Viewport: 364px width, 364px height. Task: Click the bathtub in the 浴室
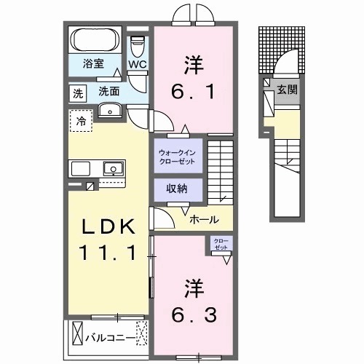[x=97, y=39]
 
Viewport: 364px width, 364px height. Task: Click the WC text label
[x=138, y=65]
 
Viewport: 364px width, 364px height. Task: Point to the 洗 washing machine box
[x=77, y=92]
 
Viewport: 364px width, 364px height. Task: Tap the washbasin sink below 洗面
[x=110, y=111]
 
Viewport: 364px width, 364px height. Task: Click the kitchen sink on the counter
[x=113, y=169]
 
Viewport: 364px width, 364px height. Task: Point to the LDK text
[x=108, y=228]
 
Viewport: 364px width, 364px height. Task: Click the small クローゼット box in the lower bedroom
[x=220, y=245]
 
